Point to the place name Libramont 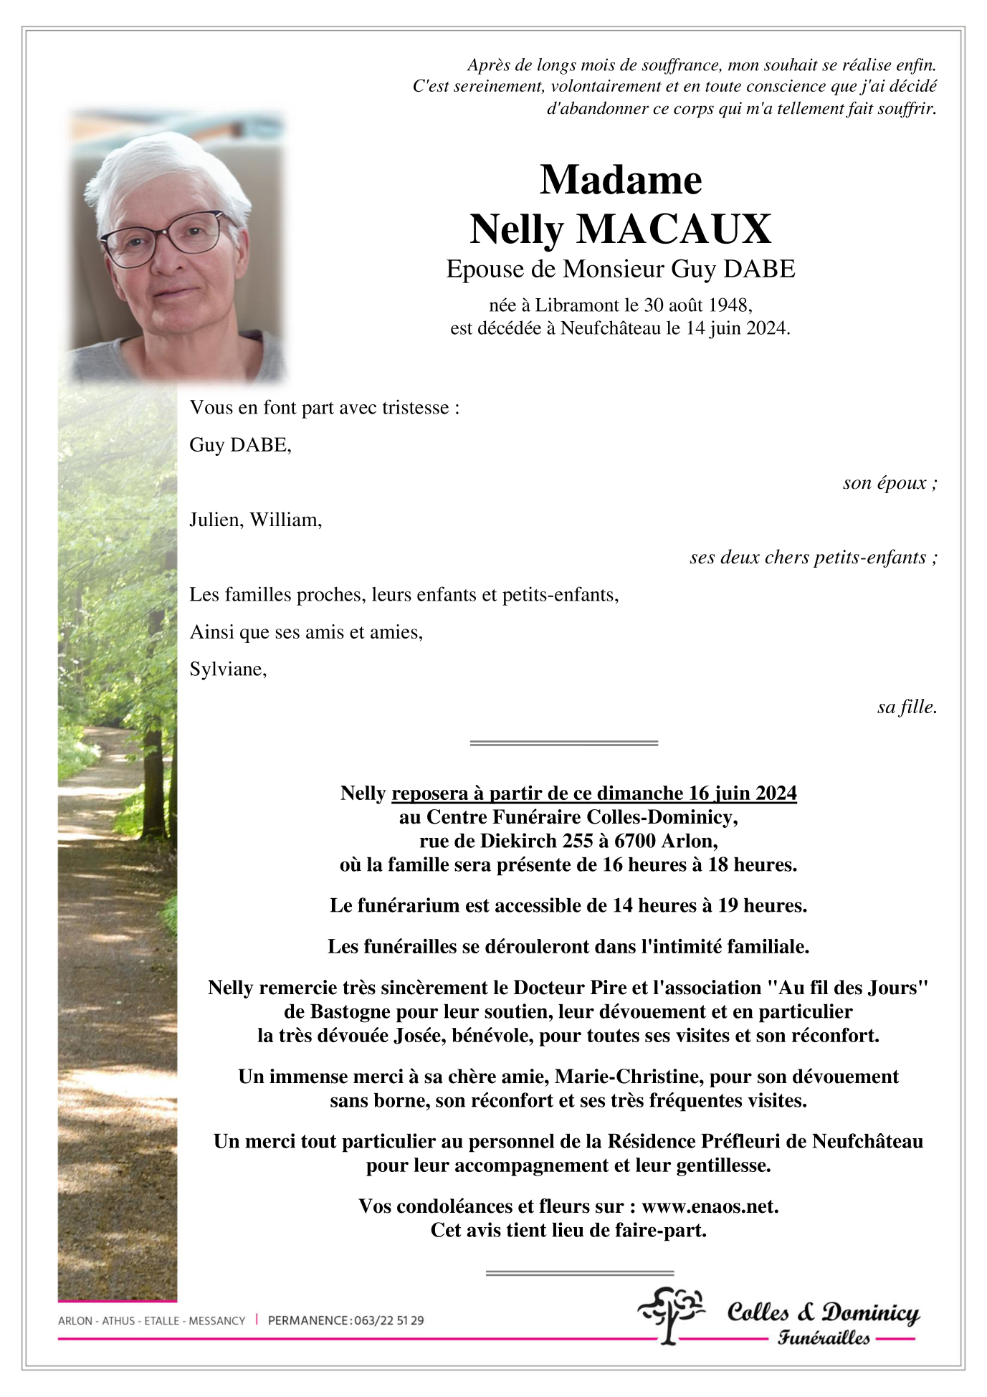point(577,305)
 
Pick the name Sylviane point(227,669)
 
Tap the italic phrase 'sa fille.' point(907,707)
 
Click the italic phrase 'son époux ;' point(890,483)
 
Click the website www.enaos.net point(709,1206)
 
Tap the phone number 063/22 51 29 point(388,1320)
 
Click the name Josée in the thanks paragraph point(419,1036)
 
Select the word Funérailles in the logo point(824,1338)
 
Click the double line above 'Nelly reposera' point(563,743)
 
